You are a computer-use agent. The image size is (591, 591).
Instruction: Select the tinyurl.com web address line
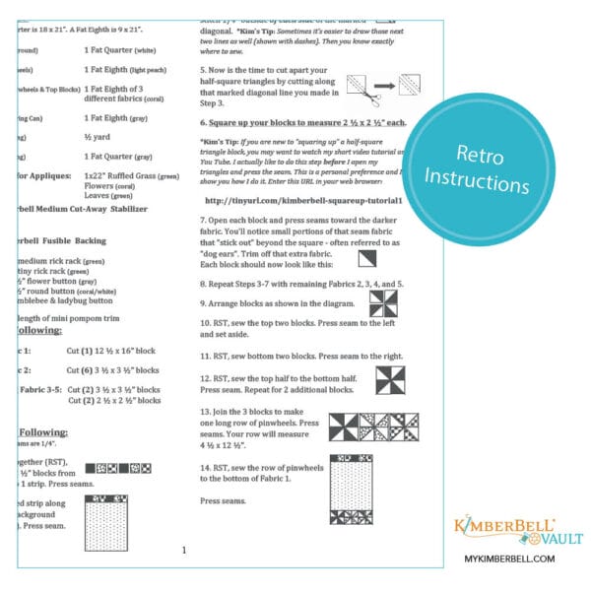pos(294,199)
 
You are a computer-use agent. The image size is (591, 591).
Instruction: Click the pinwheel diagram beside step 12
pos(387,379)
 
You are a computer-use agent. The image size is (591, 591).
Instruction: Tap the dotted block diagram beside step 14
pos(349,490)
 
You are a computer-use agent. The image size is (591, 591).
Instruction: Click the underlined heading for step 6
pos(301,123)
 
